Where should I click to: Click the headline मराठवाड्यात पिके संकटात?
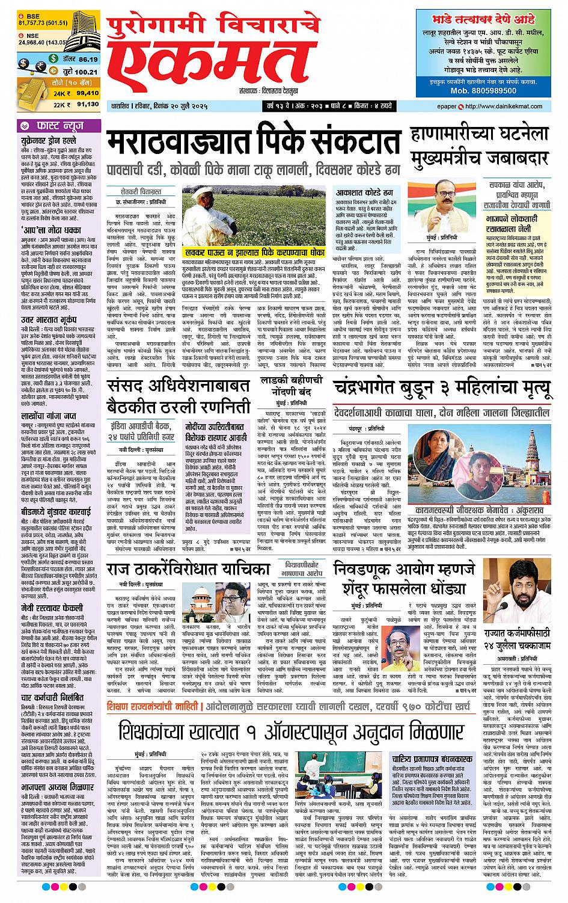(x=254, y=142)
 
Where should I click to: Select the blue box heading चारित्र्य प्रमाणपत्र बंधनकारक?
(x=432, y=759)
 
